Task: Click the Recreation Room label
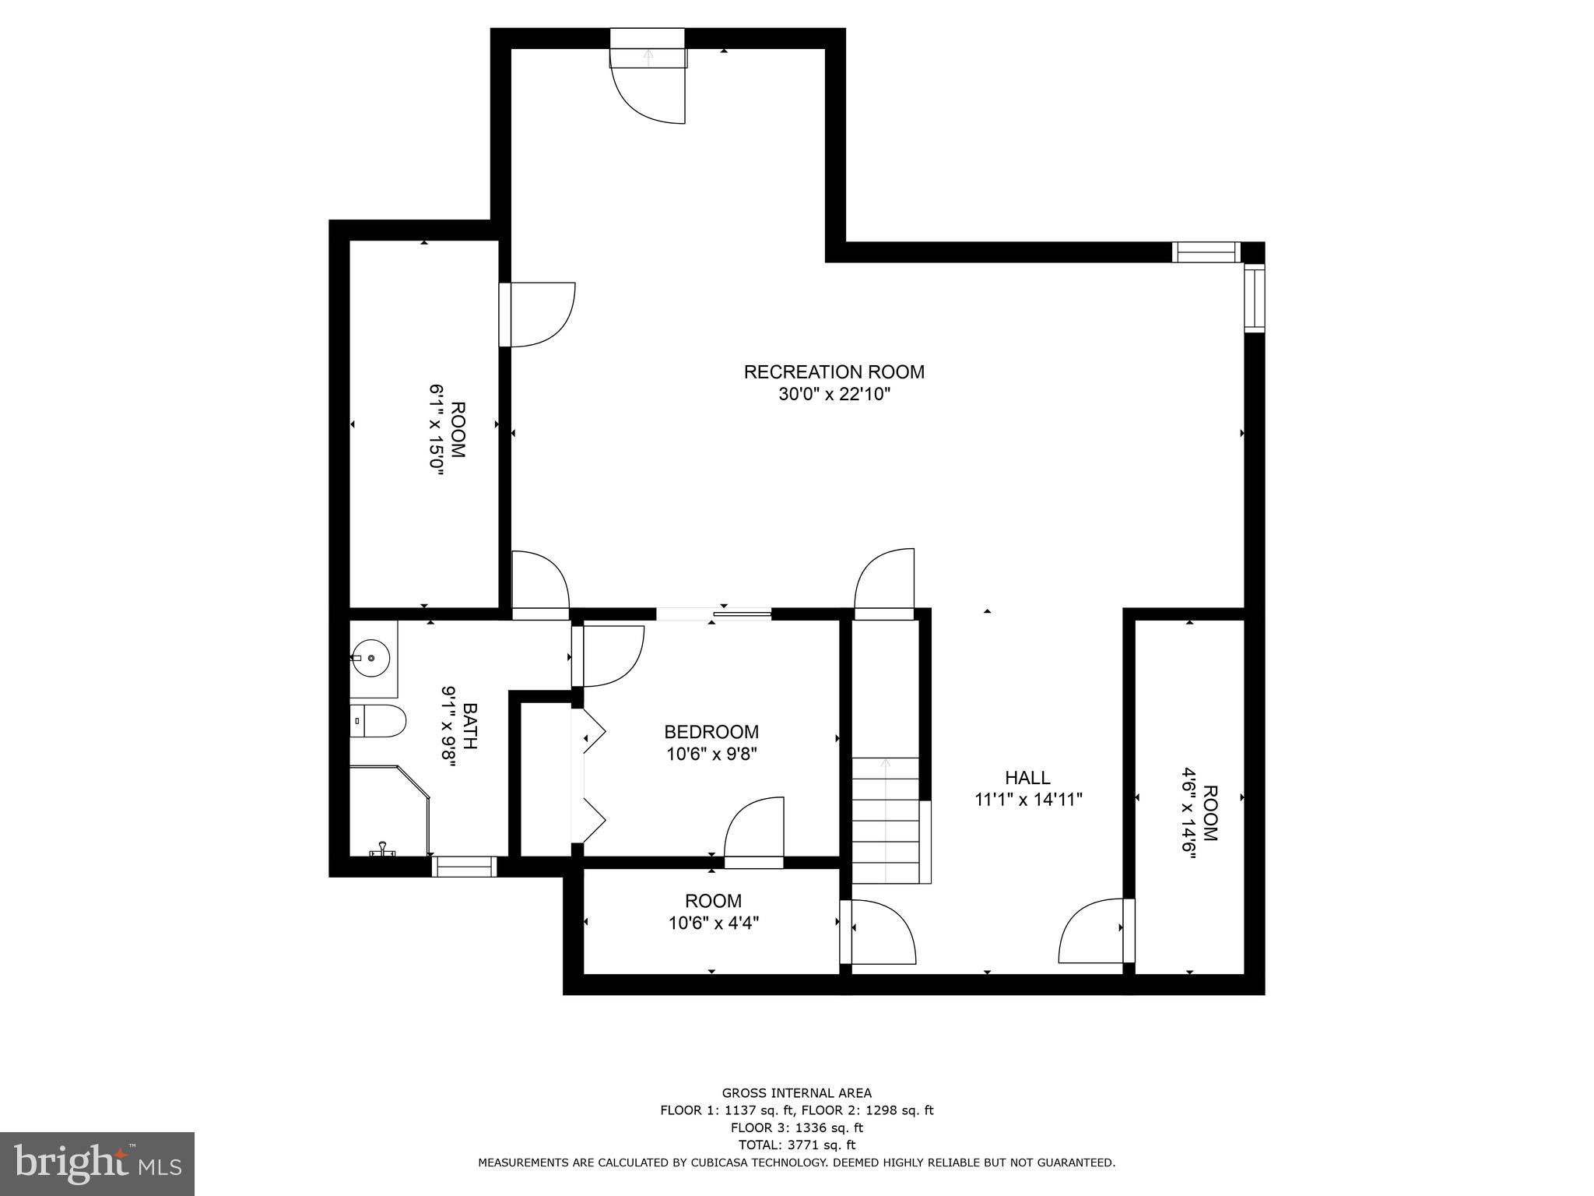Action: coord(834,372)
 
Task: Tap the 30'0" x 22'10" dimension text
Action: coord(834,395)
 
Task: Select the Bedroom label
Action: coord(711,732)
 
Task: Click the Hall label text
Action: coord(1027,778)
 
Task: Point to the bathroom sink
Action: coord(373,659)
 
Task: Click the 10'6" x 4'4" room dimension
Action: coord(713,923)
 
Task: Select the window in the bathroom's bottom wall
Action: coord(465,867)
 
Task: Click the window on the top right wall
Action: coord(1206,252)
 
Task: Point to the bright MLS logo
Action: coord(97,1163)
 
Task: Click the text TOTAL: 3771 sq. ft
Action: coord(796,1145)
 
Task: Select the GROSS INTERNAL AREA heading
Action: coord(796,1093)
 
